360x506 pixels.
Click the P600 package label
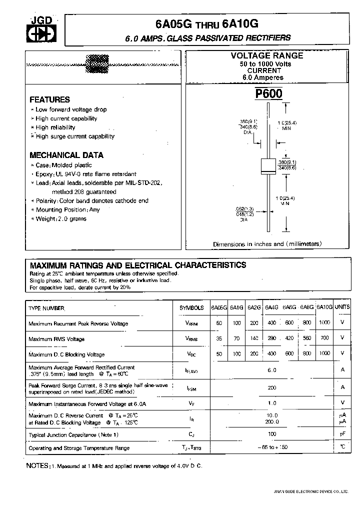pos(269,94)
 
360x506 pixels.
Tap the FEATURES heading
pos(49,99)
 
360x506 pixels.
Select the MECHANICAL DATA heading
pos(66,155)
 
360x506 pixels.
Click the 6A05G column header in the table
pos(219,307)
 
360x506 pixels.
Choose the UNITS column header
pos(342,307)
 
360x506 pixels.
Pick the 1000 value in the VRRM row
pos(324,323)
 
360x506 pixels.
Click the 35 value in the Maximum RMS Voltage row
pos(219,338)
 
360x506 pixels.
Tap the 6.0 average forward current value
pos(271,370)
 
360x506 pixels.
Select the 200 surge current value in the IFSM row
pos(271,387)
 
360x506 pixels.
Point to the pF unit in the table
pos(342,434)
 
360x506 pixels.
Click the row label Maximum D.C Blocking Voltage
pos(66,354)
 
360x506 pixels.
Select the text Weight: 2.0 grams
pos(60,218)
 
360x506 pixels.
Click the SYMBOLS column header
pos(191,308)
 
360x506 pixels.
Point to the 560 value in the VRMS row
pos(306,338)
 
